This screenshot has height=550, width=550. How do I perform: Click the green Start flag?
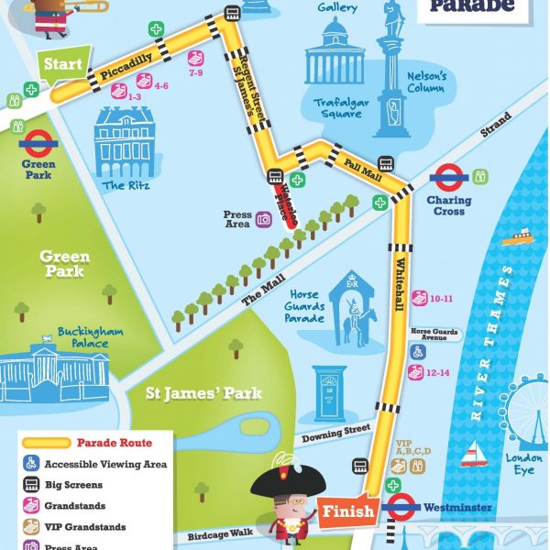[62, 65]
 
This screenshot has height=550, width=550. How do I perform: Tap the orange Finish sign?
[349, 511]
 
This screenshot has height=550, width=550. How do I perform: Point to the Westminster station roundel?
[401, 507]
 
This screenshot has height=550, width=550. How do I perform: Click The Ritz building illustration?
[126, 143]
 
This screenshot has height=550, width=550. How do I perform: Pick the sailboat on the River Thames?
[473, 452]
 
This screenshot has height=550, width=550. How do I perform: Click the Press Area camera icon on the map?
[264, 218]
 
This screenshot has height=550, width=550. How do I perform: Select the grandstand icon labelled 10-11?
[420, 297]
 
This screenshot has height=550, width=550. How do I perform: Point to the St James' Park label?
[204, 394]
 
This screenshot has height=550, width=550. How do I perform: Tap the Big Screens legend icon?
[29, 484]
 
